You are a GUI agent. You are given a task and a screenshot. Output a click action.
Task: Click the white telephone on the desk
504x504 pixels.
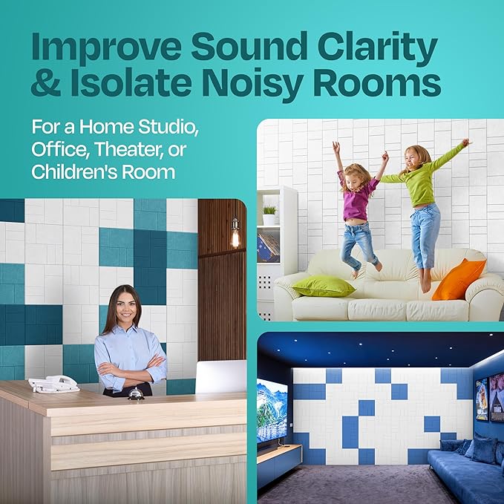click(53, 384)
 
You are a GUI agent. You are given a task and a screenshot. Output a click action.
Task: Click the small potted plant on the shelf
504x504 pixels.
click(269, 215)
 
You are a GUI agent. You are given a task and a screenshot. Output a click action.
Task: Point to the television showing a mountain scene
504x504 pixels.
click(271, 412)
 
